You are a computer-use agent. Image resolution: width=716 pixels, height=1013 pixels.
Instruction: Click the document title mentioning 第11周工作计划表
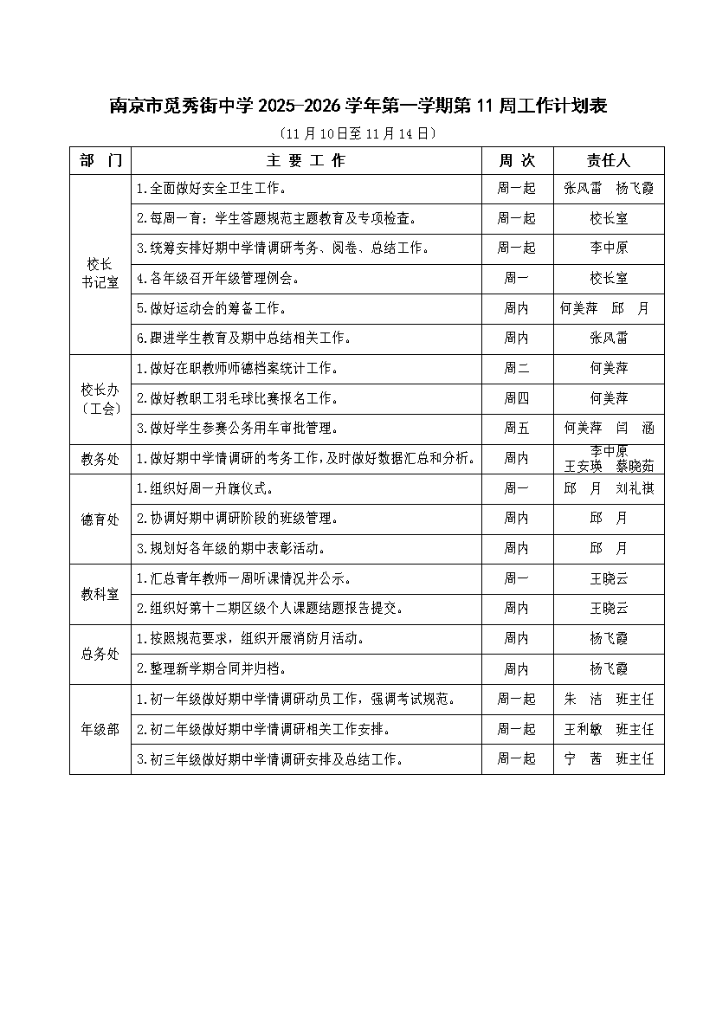358,106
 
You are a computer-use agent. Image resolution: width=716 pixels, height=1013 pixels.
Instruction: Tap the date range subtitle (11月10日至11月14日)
358,133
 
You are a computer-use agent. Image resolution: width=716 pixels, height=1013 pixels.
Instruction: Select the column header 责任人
609,161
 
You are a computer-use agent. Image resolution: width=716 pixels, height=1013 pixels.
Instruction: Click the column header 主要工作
306,161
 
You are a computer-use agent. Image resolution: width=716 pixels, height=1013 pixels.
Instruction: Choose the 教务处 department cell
100,459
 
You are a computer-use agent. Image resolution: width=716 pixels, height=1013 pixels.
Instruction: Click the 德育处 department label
100,519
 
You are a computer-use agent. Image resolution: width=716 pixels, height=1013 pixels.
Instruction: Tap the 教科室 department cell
100,594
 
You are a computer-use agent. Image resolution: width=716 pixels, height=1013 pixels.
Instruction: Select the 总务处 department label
100,654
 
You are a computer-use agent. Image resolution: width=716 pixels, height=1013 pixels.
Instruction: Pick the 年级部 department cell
100,729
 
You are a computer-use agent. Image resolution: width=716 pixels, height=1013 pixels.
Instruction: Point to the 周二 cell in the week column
517,368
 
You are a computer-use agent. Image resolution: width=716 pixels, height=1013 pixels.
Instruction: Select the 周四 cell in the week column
517,398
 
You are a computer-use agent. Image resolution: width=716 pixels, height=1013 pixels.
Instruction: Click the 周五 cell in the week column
517,428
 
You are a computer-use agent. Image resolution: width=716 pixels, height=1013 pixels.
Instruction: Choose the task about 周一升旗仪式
205,488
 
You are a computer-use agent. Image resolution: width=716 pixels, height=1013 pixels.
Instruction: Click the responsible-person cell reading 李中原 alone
609,248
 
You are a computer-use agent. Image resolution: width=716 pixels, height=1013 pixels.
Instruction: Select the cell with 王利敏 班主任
609,729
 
